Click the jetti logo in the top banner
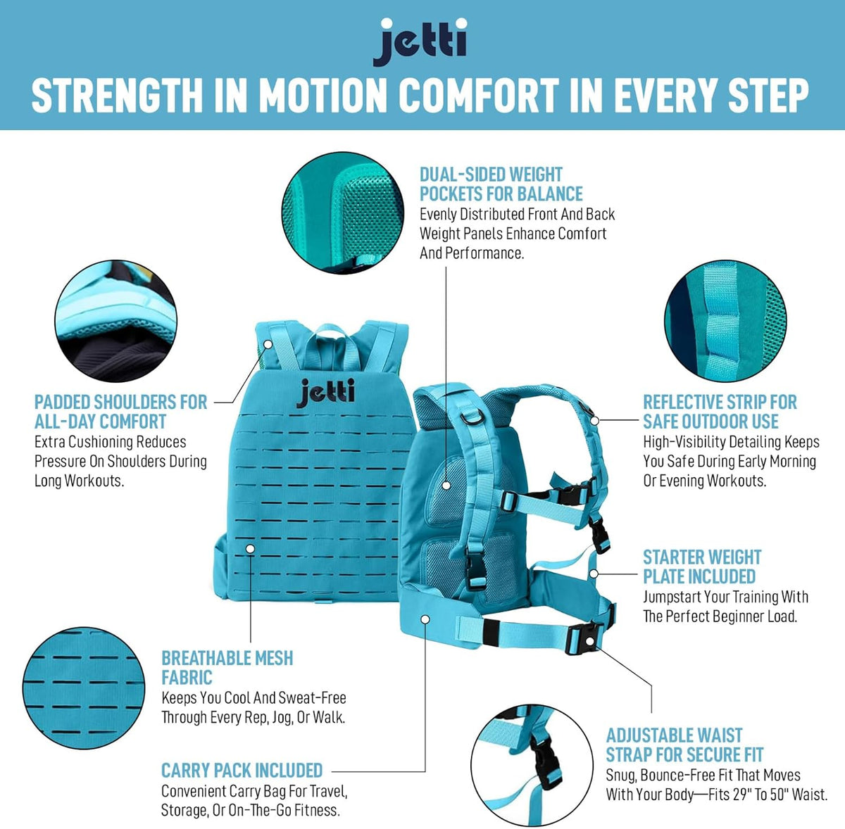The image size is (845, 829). pos(420,42)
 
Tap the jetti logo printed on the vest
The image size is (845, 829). pos(325,393)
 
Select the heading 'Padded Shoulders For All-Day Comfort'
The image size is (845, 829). pos(120,412)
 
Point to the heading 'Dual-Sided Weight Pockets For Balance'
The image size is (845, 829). pos(501,184)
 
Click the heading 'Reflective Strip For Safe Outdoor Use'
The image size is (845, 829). pos(720,412)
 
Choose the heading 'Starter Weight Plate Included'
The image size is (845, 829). pos(702,567)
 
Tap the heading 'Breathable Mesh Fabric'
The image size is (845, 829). pos(227,668)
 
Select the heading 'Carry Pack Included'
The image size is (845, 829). pos(242,771)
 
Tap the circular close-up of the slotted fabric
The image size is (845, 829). pos(83,688)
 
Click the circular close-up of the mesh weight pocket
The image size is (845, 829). pos(342,213)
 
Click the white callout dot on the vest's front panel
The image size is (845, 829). pos(250,549)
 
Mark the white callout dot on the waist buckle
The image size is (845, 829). pos(590,641)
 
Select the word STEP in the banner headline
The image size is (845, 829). pos(768,96)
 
